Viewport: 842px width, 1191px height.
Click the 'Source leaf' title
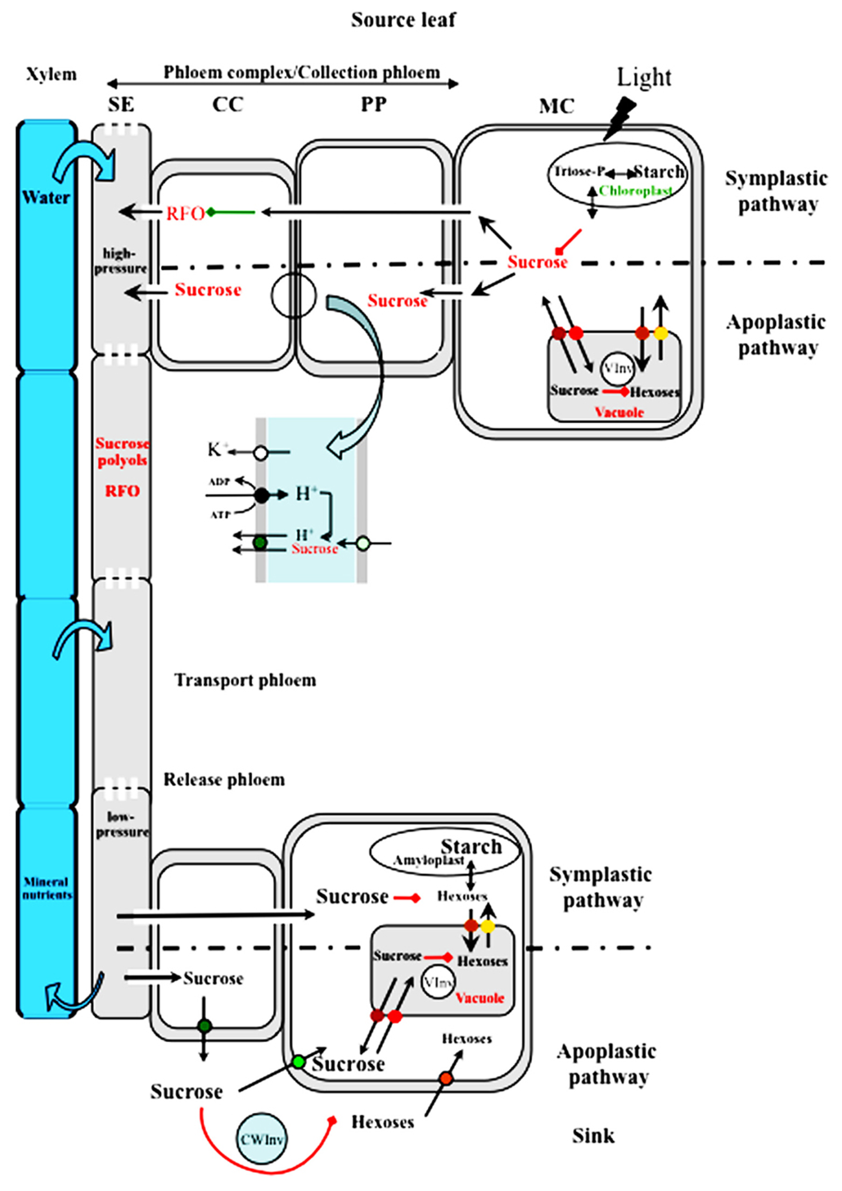coord(403,20)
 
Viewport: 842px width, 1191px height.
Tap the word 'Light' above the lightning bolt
coord(644,78)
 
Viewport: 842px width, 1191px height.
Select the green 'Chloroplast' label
coord(636,191)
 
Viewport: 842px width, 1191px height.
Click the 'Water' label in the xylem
coord(46,198)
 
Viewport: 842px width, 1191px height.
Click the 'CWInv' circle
coord(262,1140)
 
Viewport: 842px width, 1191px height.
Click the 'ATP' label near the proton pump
coord(220,515)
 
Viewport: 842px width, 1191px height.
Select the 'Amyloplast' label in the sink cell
coord(428,860)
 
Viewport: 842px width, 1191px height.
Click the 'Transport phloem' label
coord(245,680)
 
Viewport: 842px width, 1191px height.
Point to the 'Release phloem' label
coord(224,780)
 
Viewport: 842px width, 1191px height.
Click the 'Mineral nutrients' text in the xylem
coord(47,888)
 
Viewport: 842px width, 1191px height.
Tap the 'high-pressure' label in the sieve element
coord(121,261)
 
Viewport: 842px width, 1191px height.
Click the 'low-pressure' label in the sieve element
coord(122,825)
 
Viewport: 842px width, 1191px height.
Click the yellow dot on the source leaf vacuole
coord(660,333)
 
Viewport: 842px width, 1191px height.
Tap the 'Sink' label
coord(593,1136)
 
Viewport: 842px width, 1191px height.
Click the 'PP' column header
coord(373,105)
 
